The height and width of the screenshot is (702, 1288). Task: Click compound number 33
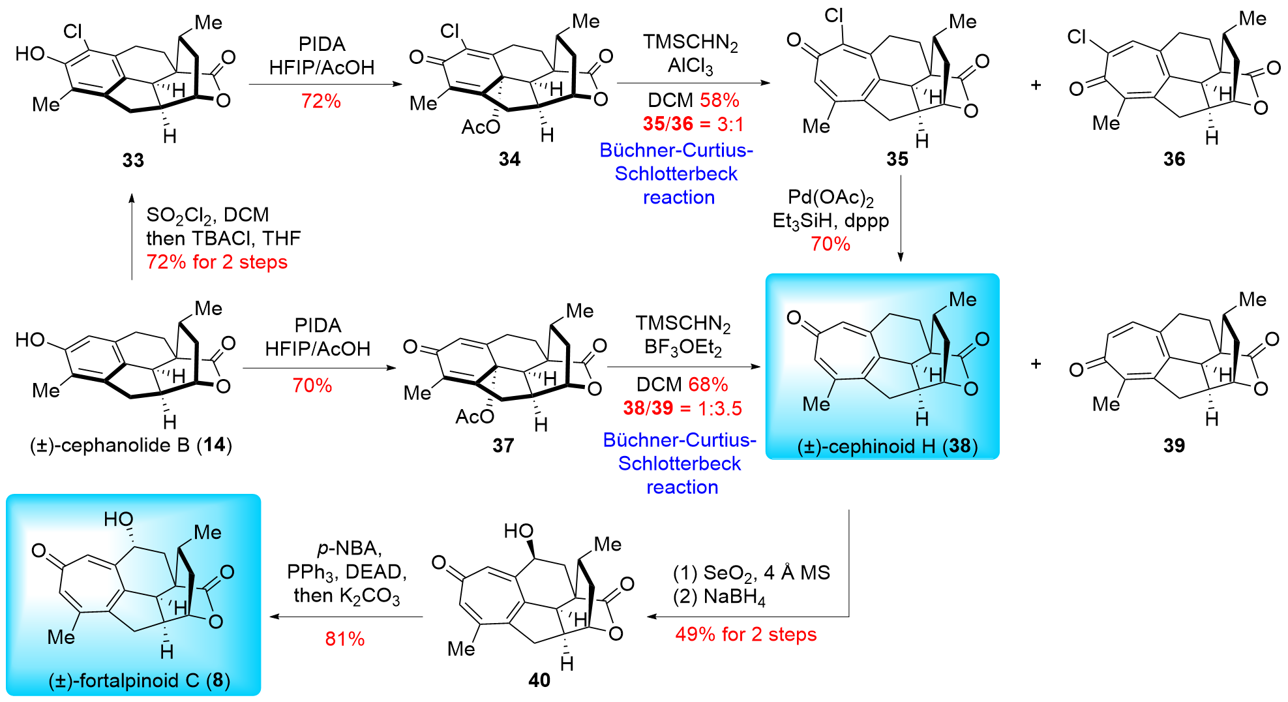(x=133, y=160)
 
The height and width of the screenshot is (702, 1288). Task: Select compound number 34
(x=509, y=159)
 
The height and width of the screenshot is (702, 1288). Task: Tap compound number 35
(x=897, y=159)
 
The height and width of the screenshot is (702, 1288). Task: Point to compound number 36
(x=1174, y=159)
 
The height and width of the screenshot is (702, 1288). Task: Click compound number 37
(x=503, y=445)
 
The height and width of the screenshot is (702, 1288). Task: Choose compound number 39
(x=1174, y=445)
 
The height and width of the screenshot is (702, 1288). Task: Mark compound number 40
(x=539, y=680)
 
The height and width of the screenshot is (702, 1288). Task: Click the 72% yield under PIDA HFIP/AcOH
(x=321, y=101)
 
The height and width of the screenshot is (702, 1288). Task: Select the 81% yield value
(x=344, y=638)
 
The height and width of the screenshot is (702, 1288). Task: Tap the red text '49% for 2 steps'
(x=745, y=634)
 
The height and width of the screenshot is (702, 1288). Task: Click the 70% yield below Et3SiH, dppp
(x=830, y=244)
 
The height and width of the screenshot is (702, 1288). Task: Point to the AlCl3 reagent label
(x=690, y=66)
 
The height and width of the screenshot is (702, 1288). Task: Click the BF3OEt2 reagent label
(x=683, y=348)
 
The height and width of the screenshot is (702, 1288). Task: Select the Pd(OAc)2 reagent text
(x=830, y=197)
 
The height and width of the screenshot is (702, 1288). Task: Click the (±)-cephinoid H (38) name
(x=888, y=446)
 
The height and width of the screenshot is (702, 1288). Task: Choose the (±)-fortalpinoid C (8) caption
(x=139, y=680)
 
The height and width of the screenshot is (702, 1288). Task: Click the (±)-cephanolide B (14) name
(x=131, y=445)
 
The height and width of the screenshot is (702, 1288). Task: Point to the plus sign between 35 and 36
(x=1036, y=85)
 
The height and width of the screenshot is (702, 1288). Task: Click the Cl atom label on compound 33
(x=73, y=31)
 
